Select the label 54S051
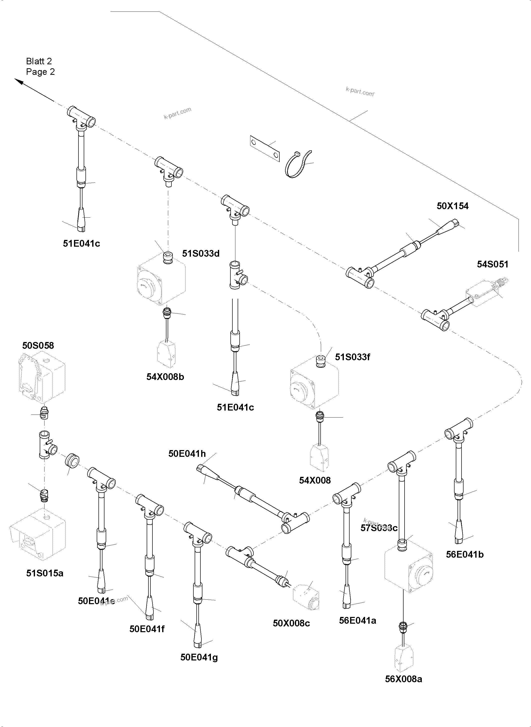(x=493, y=264)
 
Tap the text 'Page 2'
(x=40, y=72)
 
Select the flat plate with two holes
(x=265, y=148)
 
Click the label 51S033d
(x=201, y=254)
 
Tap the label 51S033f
(x=352, y=357)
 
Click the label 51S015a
(x=45, y=573)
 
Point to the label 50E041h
(x=187, y=454)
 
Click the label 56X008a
(x=403, y=679)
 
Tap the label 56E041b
(x=465, y=554)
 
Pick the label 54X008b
(x=165, y=377)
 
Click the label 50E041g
(x=199, y=657)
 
